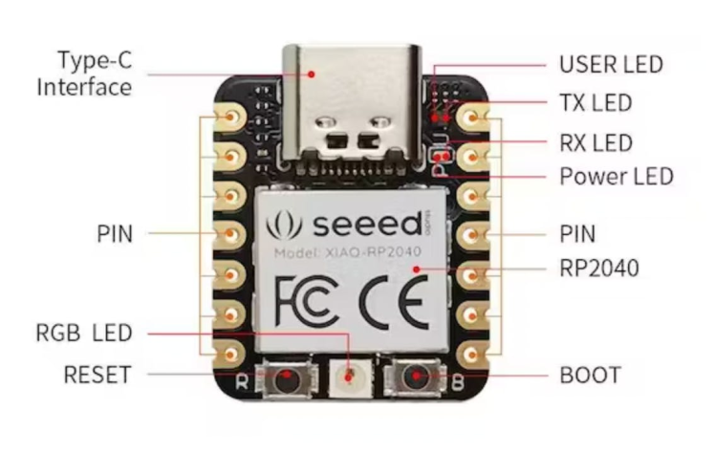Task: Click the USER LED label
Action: (x=610, y=65)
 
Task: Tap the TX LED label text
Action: (x=596, y=102)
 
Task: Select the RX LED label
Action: (x=596, y=143)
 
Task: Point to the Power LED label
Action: (x=616, y=177)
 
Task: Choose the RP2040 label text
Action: (x=598, y=269)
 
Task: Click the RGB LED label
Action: (x=84, y=334)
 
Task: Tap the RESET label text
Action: (x=97, y=375)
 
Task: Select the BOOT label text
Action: (x=590, y=376)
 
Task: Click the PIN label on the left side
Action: (x=114, y=232)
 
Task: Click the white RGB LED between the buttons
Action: (x=349, y=376)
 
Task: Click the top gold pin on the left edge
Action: (x=232, y=118)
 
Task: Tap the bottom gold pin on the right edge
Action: (x=469, y=355)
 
